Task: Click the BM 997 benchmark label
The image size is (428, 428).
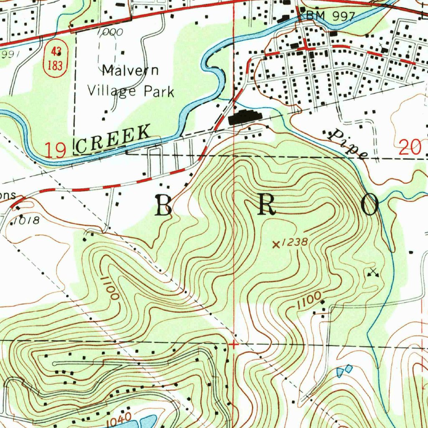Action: click(330, 16)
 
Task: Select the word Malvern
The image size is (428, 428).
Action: click(130, 70)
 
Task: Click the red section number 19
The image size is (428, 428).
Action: click(56, 150)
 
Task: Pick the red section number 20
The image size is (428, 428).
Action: click(411, 148)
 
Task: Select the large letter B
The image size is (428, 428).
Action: click(164, 205)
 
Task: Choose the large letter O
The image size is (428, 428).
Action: click(370, 205)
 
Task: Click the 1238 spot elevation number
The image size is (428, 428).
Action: click(295, 242)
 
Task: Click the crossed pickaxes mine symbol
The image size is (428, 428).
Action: click(372, 273)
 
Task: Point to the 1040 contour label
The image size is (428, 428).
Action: click(119, 420)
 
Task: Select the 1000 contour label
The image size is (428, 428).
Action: click(110, 32)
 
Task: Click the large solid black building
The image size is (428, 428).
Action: click(245, 117)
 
